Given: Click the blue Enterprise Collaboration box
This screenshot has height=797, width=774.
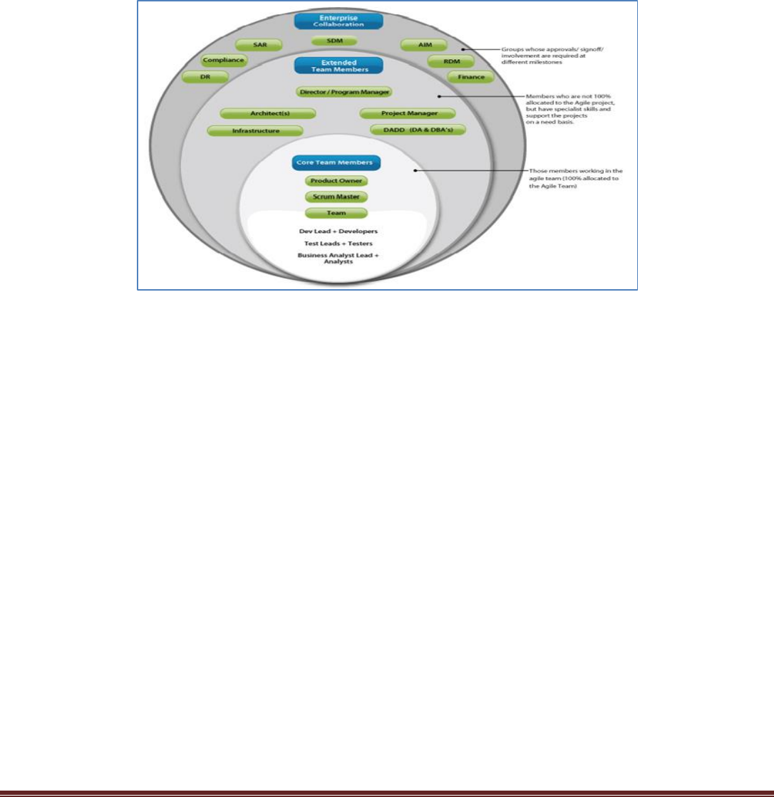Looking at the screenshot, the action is pyautogui.click(x=339, y=20).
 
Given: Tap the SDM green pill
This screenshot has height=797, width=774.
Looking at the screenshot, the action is pyautogui.click(x=334, y=41).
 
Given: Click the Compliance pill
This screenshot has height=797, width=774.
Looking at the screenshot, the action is pyautogui.click(x=224, y=61).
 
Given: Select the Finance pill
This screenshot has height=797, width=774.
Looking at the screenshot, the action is pyautogui.click(x=471, y=76).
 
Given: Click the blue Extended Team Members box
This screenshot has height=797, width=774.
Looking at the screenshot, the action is pyautogui.click(x=339, y=66).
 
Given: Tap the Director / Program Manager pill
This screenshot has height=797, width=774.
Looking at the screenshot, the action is pyautogui.click(x=344, y=92).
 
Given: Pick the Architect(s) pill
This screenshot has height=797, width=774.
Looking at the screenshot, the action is pyautogui.click(x=267, y=113).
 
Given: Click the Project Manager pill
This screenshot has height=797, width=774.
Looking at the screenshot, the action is pyautogui.click(x=408, y=113).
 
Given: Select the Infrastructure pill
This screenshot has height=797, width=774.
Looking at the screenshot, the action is pyautogui.click(x=254, y=131).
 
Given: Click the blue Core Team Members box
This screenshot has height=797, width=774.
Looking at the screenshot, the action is pyautogui.click(x=336, y=163).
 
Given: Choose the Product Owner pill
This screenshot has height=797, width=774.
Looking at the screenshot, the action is pyautogui.click(x=336, y=181).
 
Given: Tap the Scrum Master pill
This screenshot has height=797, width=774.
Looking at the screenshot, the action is pyautogui.click(x=336, y=197).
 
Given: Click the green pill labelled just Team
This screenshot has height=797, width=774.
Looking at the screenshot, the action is pyautogui.click(x=336, y=213).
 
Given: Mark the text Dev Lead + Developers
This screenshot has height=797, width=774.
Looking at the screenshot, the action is pyautogui.click(x=339, y=231).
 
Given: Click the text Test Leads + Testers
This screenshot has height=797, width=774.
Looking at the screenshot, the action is pyautogui.click(x=339, y=243).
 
